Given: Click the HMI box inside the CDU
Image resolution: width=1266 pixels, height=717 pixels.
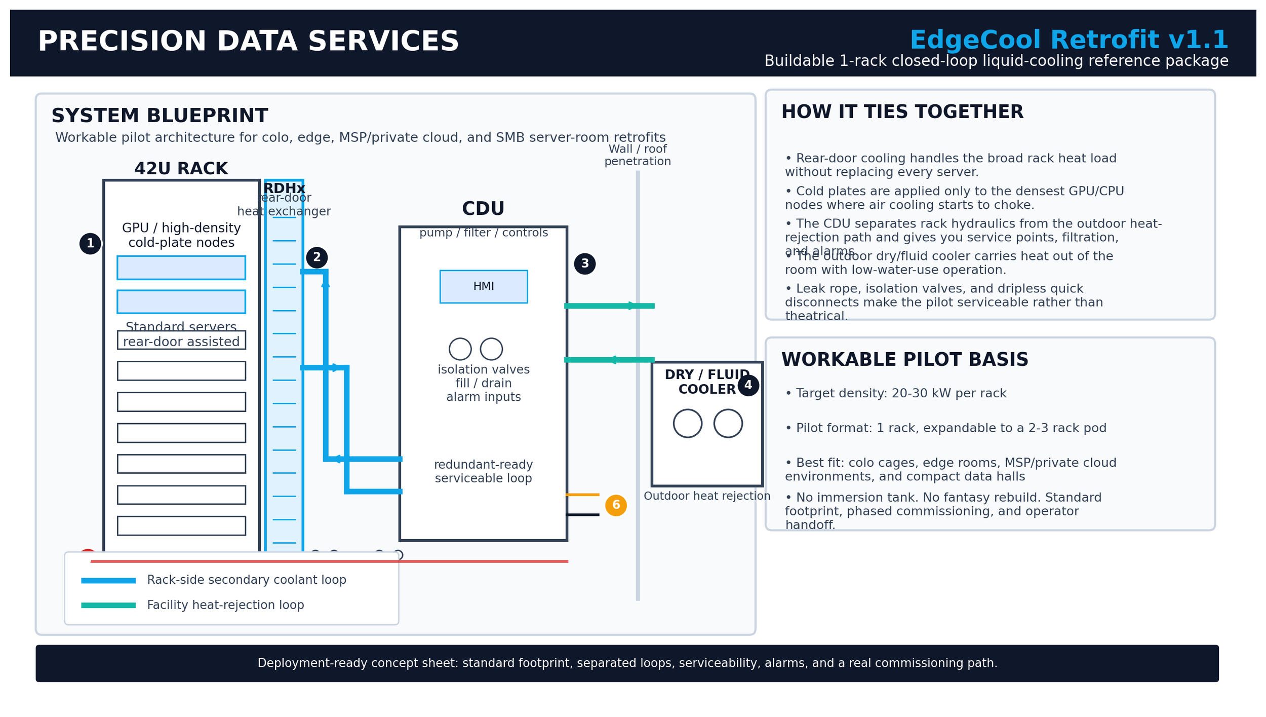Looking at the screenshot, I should click(x=483, y=287).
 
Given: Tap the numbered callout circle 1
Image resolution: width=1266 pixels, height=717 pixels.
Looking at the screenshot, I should click(x=90, y=244).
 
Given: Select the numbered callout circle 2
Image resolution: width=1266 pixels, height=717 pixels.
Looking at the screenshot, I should click(x=316, y=257).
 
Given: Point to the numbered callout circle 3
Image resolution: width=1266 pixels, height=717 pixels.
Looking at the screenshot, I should click(x=584, y=264).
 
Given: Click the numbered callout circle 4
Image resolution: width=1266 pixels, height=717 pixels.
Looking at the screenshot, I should click(x=748, y=386).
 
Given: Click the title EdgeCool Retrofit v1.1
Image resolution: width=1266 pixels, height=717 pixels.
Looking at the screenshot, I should click(x=1069, y=41).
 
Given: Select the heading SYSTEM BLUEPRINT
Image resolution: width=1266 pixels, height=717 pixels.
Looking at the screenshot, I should click(x=160, y=116).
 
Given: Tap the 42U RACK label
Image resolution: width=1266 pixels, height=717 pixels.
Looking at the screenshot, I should click(x=181, y=169).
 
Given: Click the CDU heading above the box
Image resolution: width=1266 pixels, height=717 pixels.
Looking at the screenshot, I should click(x=483, y=209).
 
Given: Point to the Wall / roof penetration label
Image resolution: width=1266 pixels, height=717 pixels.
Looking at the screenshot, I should click(x=637, y=156).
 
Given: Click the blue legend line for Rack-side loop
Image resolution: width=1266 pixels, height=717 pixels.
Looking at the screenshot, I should click(x=108, y=581).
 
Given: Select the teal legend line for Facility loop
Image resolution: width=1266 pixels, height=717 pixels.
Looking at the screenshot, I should click(x=108, y=606).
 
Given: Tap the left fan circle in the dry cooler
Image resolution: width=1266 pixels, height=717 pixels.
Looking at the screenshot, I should click(x=687, y=424).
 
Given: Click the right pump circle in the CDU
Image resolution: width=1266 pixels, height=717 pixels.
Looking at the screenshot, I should click(x=491, y=349).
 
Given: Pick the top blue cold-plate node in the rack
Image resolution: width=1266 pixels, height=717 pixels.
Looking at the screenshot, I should click(x=181, y=268).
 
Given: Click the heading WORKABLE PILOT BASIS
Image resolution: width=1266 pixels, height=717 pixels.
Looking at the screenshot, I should click(x=904, y=360).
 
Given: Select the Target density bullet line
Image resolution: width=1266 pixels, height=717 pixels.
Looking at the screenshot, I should click(x=895, y=394).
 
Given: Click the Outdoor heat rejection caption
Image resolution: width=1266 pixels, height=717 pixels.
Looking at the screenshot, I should click(x=706, y=497).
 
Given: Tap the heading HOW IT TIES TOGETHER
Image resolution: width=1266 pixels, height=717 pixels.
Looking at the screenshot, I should click(x=902, y=112).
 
